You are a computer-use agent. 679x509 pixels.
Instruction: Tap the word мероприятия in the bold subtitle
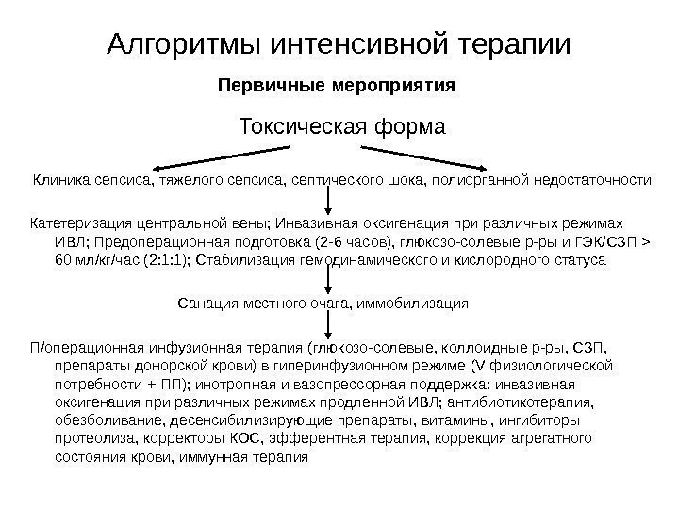[x=395, y=87]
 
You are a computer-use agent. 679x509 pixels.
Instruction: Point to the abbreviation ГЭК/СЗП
[x=604, y=242]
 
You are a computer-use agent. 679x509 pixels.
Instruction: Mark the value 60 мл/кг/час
[x=95, y=259]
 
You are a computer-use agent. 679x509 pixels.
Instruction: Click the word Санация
[x=205, y=305]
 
